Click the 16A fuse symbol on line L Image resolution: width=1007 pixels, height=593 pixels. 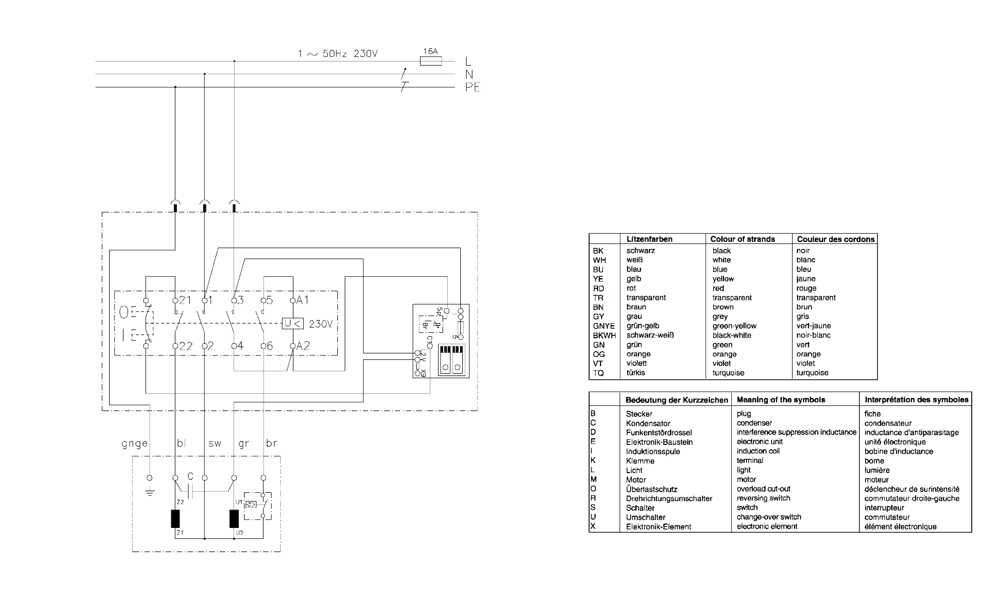point(430,61)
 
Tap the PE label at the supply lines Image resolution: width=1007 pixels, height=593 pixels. point(472,87)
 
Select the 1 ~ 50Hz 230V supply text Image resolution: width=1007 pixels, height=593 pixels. point(338,54)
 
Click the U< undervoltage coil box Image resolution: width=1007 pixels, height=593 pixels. point(292,324)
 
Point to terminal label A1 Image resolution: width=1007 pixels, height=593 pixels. point(303,300)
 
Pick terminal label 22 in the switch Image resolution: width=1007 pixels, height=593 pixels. point(186,346)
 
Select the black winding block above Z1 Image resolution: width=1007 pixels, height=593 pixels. point(175,519)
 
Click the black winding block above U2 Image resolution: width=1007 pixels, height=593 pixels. point(234,519)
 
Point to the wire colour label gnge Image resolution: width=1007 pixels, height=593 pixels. point(135,444)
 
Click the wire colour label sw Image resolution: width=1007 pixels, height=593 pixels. point(214,444)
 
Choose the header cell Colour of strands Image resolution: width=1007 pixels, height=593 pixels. point(743,239)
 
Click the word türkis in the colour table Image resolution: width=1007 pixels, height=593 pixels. point(636,373)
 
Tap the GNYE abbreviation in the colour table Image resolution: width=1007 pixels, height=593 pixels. point(604,326)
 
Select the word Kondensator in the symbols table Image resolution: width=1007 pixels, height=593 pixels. point(648,423)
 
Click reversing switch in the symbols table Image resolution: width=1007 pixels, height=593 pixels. point(763,498)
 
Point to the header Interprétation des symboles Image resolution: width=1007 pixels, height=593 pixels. point(916,400)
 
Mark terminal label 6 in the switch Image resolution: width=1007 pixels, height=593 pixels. point(269,346)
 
